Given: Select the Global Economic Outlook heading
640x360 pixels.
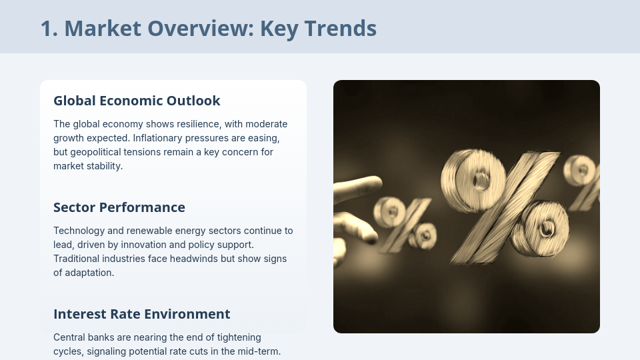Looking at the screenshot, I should pos(137,101).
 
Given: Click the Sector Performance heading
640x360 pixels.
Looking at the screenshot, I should pos(119,207).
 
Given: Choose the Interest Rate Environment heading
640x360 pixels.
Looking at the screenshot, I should pos(141,314).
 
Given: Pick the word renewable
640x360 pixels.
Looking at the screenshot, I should pos(149,231).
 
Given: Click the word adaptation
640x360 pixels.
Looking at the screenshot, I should pos(90,273).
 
